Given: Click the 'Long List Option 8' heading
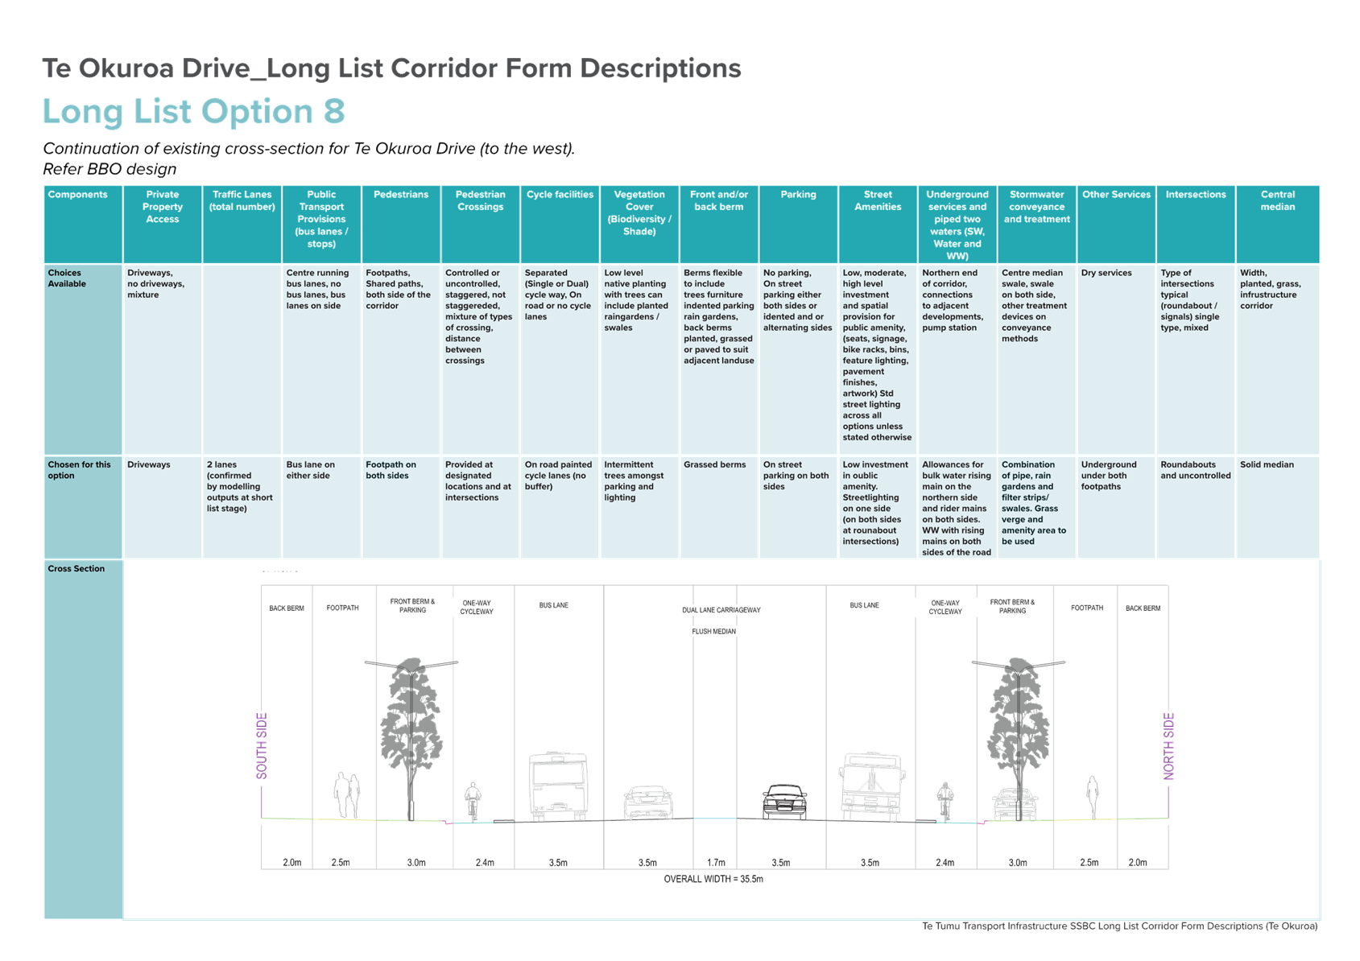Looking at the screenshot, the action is point(194,112).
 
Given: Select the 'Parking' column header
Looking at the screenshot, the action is point(798,194).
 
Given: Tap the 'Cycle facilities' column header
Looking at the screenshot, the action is point(559,194).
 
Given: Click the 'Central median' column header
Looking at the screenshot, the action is point(1277,200).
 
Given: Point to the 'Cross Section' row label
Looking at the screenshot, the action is point(76,568).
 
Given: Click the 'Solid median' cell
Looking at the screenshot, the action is point(1267,464).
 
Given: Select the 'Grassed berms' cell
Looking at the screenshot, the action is point(714,464).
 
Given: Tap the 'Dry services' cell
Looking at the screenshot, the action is point(1106,272).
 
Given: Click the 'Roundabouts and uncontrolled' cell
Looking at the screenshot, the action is point(1196,469).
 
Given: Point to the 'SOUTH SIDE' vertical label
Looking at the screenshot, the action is point(262,745).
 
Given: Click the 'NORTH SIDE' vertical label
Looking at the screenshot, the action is point(1168,745).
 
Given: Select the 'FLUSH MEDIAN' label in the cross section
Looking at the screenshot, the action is point(714,632).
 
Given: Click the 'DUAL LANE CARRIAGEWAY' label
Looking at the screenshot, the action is point(721,610).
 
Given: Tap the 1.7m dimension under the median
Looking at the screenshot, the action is point(716,862).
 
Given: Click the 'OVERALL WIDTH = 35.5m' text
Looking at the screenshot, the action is point(713,878).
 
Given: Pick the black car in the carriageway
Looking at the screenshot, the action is point(784,802).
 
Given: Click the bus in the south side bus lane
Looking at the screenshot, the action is point(558,786).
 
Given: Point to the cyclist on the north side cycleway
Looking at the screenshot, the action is point(945,802).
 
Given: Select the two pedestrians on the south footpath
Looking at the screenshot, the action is point(347,794).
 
